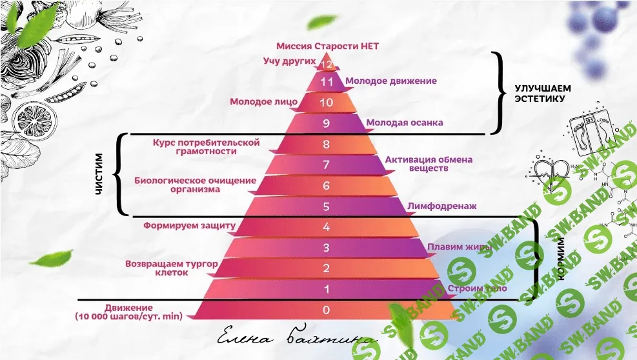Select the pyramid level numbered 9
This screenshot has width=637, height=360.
(x=326, y=123)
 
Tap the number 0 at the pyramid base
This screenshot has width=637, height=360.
(x=326, y=310)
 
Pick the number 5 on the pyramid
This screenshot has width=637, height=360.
(x=326, y=206)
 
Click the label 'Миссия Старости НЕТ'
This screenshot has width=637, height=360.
(x=327, y=46)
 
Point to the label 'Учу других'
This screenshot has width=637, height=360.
(x=288, y=61)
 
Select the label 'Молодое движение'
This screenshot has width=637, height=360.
(x=391, y=81)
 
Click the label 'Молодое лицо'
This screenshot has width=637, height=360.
(x=264, y=102)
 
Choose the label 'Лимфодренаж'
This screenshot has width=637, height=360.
(x=442, y=206)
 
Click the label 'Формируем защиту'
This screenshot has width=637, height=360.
(x=190, y=226)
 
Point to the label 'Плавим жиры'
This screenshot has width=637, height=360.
(x=460, y=246)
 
